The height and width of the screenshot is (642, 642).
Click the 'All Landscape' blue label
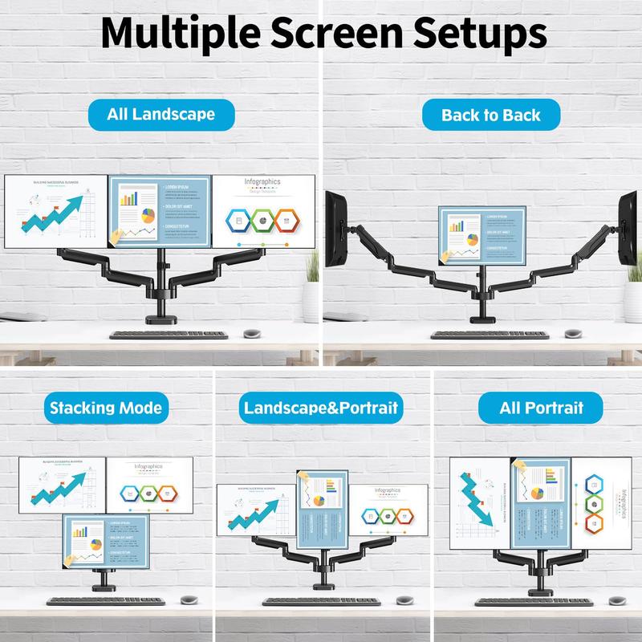[x=160, y=113]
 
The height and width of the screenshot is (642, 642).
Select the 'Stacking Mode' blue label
[x=106, y=408]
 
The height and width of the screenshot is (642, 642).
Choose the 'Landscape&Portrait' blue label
[x=319, y=408]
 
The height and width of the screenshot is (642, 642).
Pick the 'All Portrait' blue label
[x=541, y=408]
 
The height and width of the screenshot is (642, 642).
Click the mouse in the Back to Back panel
[x=573, y=333]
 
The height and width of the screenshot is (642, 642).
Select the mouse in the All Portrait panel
[x=616, y=600]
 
